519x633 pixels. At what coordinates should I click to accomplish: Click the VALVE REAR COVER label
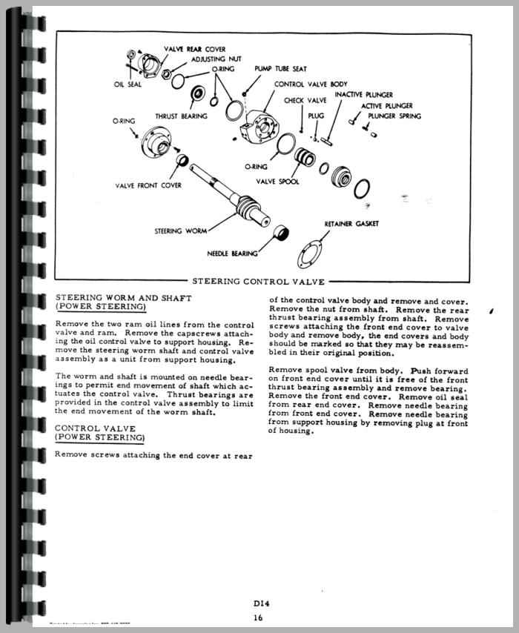point(195,49)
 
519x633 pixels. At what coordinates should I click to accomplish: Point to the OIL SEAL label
point(128,84)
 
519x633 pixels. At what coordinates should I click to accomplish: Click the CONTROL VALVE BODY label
point(311,84)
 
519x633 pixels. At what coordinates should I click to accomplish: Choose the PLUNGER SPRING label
point(394,116)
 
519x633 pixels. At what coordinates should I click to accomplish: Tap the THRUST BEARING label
point(180,116)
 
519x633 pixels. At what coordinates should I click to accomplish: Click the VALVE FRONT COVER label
point(148,185)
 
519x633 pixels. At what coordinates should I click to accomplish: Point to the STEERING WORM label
point(180,231)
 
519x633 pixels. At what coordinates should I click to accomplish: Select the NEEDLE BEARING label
point(232,253)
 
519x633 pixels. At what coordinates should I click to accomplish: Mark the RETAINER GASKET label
point(351,223)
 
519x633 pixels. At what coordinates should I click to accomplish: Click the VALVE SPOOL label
point(277,182)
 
